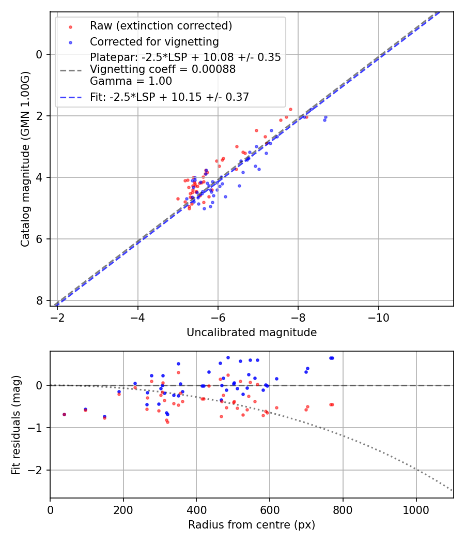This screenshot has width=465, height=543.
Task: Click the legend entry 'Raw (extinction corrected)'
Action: (x=161, y=26)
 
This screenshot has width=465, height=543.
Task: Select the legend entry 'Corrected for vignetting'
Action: (x=154, y=42)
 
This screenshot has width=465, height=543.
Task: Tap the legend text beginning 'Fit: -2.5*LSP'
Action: (x=169, y=97)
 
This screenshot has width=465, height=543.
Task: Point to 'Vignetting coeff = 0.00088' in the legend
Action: (x=163, y=69)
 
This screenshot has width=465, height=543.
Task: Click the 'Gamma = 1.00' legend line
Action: (x=131, y=81)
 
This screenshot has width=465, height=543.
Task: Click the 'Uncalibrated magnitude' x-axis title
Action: (x=252, y=333)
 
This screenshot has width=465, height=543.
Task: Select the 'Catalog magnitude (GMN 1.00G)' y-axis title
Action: (x=25, y=159)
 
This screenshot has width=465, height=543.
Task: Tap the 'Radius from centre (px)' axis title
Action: (x=252, y=525)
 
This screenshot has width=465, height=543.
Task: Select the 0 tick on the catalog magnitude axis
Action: (x=40, y=54)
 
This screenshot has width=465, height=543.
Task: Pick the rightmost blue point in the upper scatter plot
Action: (x=326, y=117)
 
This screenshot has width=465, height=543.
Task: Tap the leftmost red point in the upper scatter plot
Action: (x=178, y=199)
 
